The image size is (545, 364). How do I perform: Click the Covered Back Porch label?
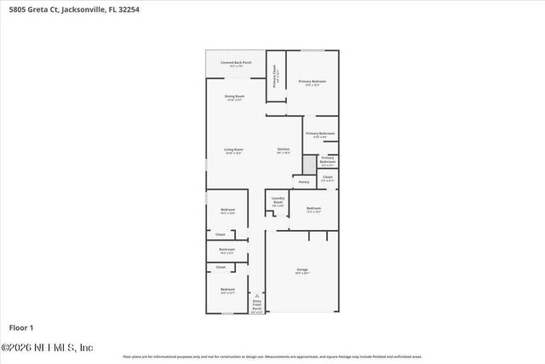click(236, 63)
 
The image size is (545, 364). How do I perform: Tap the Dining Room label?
click(234, 98)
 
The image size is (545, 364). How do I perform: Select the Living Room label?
click(233, 152)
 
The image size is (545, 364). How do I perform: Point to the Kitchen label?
click(284, 151)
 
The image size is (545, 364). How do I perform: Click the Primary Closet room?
click(275, 76)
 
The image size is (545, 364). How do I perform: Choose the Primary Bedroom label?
click(313, 82)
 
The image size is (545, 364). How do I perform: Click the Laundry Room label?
click(278, 201)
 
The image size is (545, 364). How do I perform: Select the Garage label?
click(302, 271)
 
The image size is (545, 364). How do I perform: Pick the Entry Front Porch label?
click(257, 306)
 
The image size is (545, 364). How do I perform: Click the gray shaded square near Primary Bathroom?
click(309, 162)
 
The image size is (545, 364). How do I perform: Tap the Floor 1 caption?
click(20, 327)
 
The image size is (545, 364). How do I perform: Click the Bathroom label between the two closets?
click(227, 251)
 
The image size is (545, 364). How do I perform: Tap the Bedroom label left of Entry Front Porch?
click(227, 291)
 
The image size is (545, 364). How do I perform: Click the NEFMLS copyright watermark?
click(47, 347)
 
